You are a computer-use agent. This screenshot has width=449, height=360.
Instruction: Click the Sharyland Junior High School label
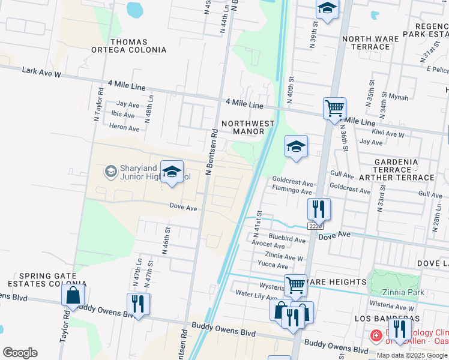139,173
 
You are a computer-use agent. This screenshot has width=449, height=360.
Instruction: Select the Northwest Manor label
248,127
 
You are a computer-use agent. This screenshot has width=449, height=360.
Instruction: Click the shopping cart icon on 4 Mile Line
334,109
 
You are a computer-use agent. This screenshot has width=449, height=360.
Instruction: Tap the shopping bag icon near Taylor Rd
73,295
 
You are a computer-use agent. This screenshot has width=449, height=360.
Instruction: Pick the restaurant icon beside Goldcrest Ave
319,209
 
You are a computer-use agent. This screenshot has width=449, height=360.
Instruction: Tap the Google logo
20,353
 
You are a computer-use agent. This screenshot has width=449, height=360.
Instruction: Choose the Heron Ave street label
124,127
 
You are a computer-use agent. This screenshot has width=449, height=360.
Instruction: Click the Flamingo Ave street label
292,191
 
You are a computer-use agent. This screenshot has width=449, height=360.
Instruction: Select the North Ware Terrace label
370,43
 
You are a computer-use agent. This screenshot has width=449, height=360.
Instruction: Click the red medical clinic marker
376,335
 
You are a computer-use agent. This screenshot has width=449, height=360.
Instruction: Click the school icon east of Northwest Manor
296,146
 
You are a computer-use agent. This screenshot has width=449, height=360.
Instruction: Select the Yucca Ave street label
273,265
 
